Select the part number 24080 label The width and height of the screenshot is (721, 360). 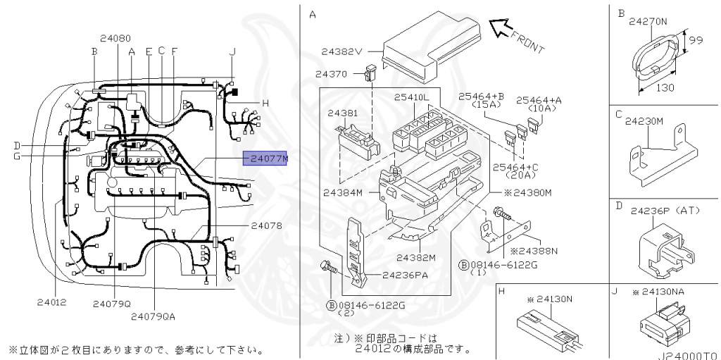click(115, 38)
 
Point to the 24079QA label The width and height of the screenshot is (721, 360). click(153, 316)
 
